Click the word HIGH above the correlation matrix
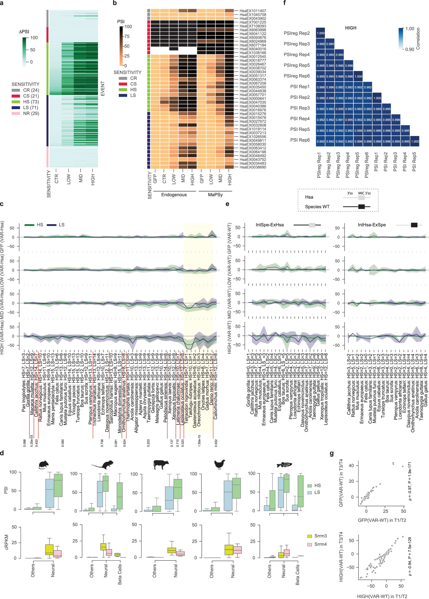(351, 28)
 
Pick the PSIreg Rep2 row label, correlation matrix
(296, 33)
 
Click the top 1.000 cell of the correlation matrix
(321, 33)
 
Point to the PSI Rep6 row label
(300, 140)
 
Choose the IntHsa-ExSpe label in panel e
(371, 225)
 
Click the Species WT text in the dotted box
(317, 207)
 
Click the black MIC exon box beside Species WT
(361, 207)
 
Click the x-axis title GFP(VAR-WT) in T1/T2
(382, 520)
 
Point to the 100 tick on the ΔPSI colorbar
(34, 38)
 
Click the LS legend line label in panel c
(62, 225)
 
